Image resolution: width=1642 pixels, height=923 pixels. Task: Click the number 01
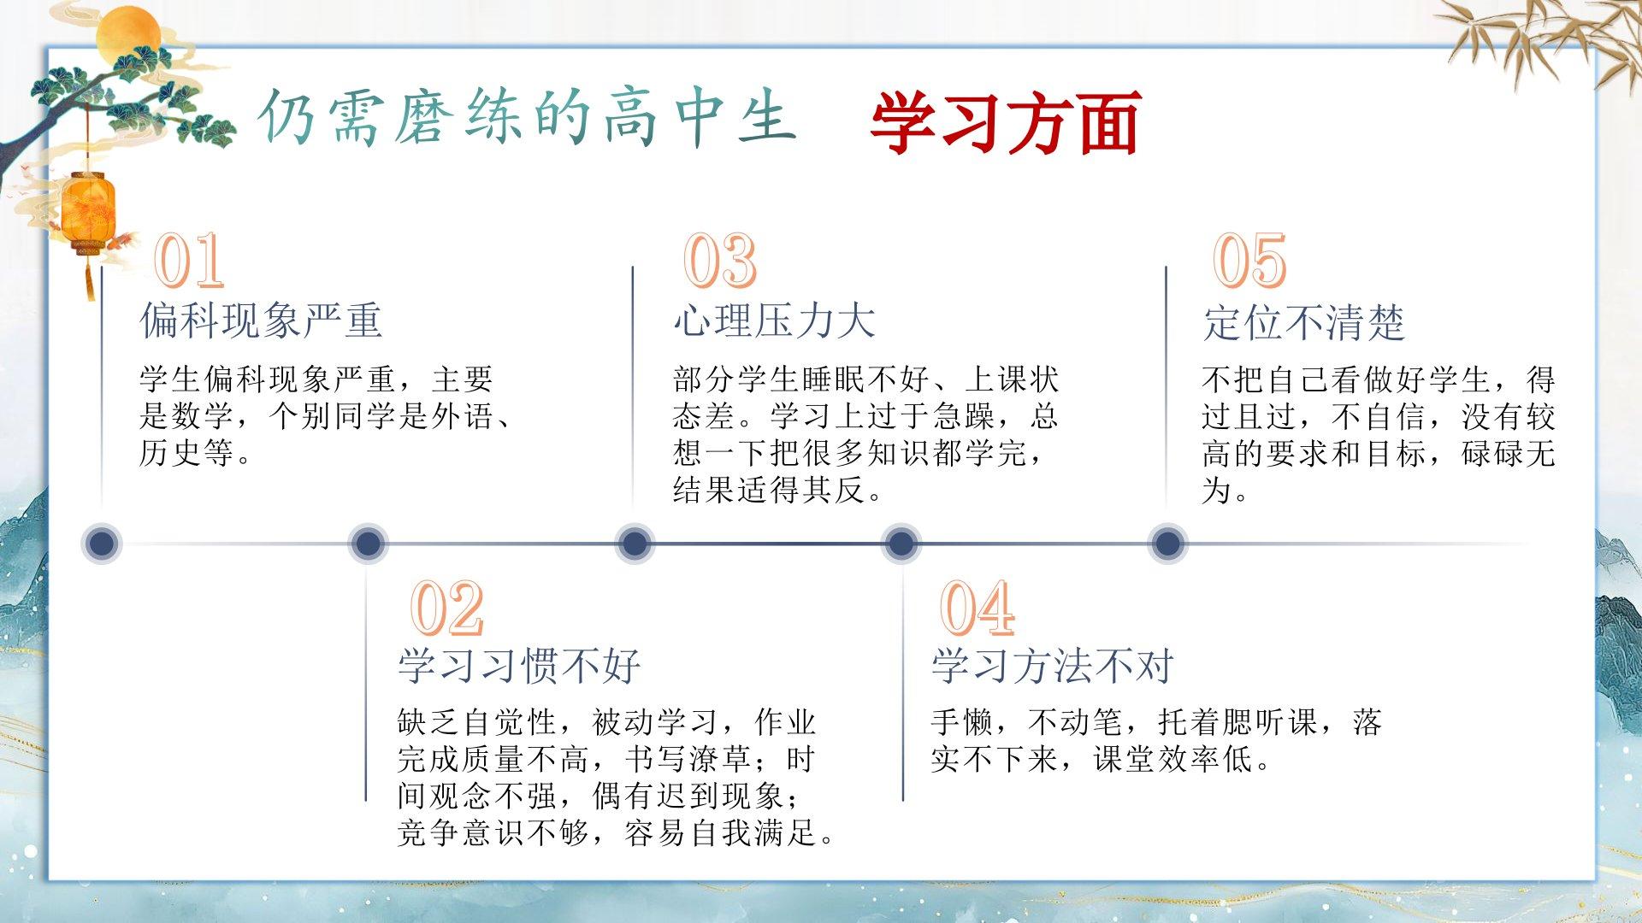(189, 260)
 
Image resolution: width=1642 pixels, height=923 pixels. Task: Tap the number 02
(447, 608)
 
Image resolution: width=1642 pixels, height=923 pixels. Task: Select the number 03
(720, 260)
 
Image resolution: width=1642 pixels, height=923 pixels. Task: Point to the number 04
(977, 608)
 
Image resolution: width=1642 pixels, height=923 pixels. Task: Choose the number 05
(1249, 260)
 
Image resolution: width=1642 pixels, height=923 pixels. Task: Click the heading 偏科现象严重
(261, 320)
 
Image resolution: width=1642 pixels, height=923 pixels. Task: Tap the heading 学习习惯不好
(519, 666)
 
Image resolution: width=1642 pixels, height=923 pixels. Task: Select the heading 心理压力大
(775, 320)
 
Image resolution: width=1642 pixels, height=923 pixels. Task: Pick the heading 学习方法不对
(1052, 666)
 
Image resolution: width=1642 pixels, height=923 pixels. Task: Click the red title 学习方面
(1006, 122)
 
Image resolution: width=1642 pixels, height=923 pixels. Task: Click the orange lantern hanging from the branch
(88, 213)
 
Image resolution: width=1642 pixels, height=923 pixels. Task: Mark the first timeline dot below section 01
(102, 544)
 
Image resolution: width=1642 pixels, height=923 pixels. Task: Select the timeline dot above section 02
(368, 544)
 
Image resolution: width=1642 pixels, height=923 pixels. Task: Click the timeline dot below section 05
(1167, 544)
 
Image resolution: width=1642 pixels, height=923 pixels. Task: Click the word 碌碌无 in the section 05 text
(1508, 453)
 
